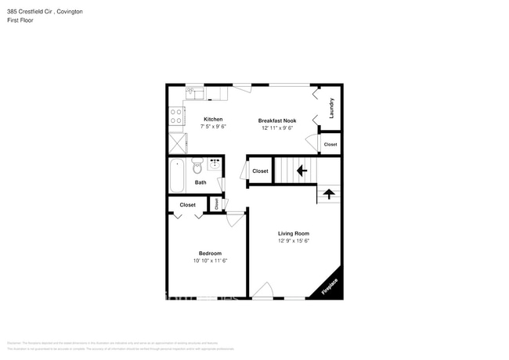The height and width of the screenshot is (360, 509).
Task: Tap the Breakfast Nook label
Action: pos(277,120)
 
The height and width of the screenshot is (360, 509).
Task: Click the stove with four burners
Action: pos(177,117)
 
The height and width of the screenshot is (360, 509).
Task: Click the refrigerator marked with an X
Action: pos(178,142)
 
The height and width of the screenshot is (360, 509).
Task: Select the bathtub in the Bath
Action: pos(177,175)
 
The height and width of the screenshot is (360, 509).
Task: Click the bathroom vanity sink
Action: pos(214,165)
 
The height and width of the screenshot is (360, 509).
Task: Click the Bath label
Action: pos(201,182)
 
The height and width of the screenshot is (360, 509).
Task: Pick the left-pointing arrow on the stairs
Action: pos(301,169)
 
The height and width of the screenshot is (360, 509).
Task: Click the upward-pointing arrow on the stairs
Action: pos(329,193)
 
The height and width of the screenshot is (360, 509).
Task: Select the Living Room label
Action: pos(294,233)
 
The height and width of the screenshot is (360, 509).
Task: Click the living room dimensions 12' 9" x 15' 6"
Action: pos(294,241)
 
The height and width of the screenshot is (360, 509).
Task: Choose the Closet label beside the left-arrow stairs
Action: pos(260,171)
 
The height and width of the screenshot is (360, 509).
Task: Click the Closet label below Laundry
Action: pos(330,144)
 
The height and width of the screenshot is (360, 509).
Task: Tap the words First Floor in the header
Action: pos(20,20)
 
